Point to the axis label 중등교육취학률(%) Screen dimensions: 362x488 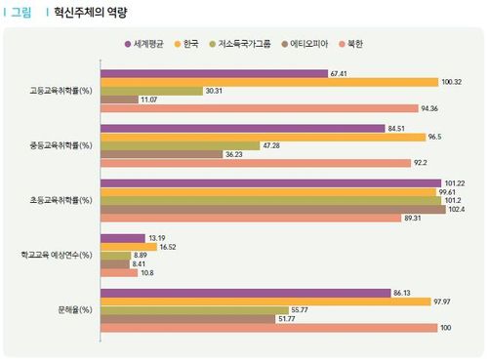point(61,145)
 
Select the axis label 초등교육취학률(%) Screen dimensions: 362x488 point(61,200)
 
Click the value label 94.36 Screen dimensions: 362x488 point(431,108)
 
